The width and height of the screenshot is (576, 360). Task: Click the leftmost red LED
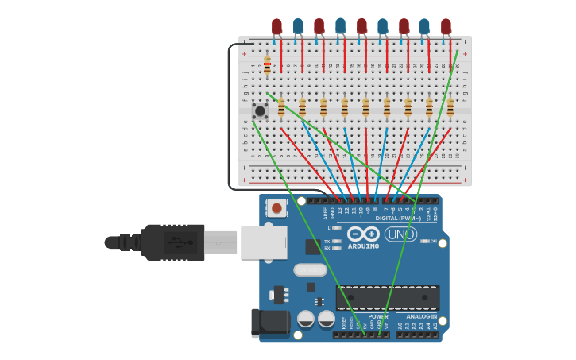pos(276,26)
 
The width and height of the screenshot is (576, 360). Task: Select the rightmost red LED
pos(446,26)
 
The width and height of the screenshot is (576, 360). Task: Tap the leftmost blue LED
pos(298,26)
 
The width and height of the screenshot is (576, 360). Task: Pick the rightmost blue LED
pos(424,26)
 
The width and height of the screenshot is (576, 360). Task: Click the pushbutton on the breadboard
pos(260,110)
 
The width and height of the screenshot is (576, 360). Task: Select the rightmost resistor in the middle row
pos(450,106)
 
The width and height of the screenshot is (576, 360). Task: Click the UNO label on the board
pos(400,234)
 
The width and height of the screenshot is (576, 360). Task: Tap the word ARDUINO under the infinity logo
pos(362,246)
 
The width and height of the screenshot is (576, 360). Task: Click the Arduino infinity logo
pos(362,234)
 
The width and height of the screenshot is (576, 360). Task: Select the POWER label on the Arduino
pos(378,316)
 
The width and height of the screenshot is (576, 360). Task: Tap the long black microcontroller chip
pos(388,298)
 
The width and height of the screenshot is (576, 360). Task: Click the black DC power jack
pos(270,322)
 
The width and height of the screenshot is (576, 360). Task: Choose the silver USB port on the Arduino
pos(264,242)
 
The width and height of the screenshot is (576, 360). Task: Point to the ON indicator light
pos(425,241)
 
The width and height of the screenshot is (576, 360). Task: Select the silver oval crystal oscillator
pos(310,270)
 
